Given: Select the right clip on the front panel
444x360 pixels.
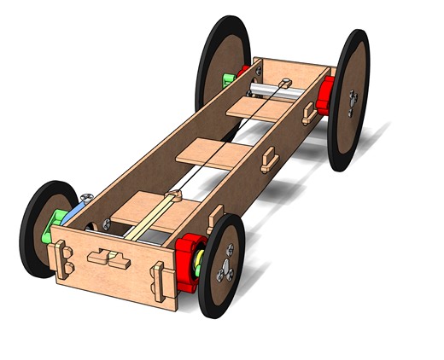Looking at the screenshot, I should [x=159, y=277].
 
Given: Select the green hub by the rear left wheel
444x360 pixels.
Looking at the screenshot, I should [x=228, y=80].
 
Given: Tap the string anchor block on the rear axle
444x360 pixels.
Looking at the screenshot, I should [x=285, y=84].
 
